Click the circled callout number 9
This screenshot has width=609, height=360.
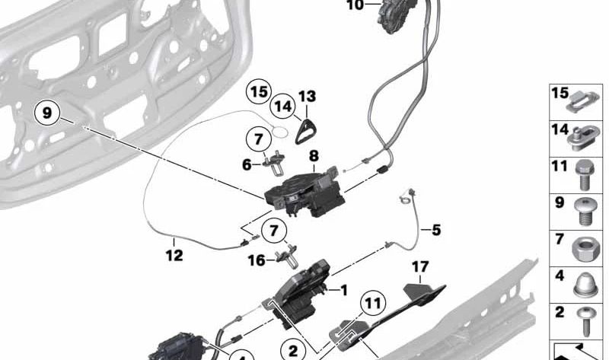pyautogui.click(x=46, y=113)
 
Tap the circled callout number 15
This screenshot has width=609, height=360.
pyautogui.click(x=259, y=92)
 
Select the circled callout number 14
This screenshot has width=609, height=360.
pyautogui.click(x=283, y=106)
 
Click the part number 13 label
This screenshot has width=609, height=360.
pyautogui.click(x=308, y=97)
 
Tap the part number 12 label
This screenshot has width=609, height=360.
pyautogui.click(x=174, y=255)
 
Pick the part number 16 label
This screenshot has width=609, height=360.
pyautogui.click(x=257, y=260)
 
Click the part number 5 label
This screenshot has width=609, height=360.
pyautogui.click(x=436, y=230)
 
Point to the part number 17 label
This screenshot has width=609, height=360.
pyautogui.click(x=420, y=267)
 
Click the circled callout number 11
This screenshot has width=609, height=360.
pyautogui.click(x=373, y=303)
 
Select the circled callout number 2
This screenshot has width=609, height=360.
pyautogui.click(x=292, y=351)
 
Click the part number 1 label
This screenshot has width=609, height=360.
pyautogui.click(x=344, y=290)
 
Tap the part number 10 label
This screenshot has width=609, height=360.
pyautogui.click(x=356, y=5)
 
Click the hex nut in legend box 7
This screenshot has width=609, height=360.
pyautogui.click(x=587, y=248)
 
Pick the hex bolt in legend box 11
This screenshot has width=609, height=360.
pyautogui.click(x=585, y=176)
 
